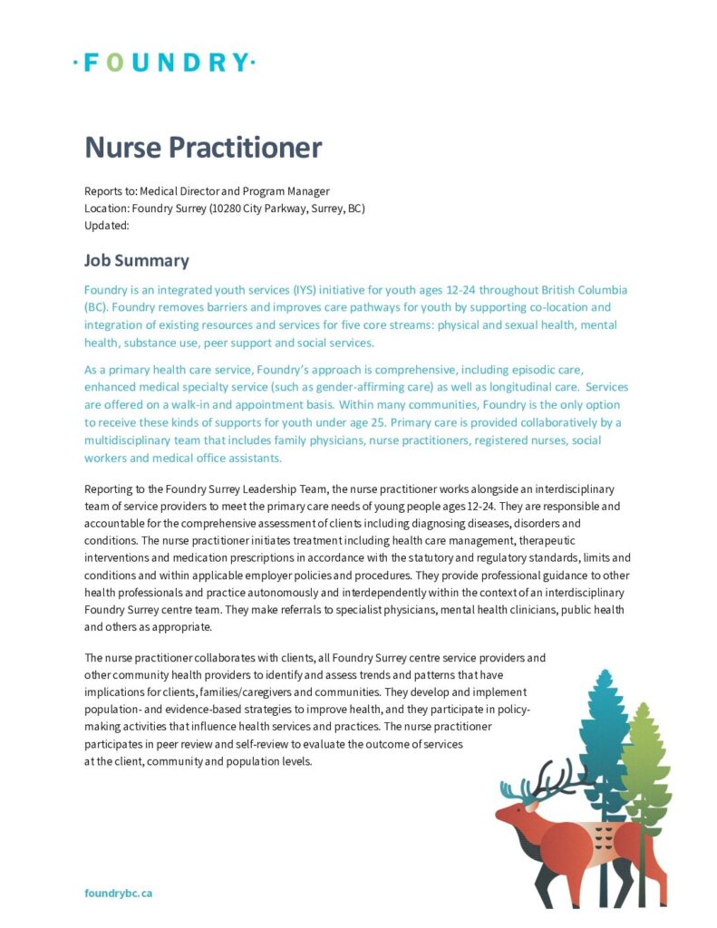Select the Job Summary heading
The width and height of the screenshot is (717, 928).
point(137,261)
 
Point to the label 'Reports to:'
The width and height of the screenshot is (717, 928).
point(111,191)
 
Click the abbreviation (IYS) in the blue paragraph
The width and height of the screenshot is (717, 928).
point(305,291)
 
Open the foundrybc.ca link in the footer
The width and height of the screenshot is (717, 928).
point(118,893)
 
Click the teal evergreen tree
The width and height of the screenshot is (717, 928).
point(602,734)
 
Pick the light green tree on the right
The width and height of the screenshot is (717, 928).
point(644,761)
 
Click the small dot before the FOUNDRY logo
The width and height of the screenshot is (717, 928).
point(76,63)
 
